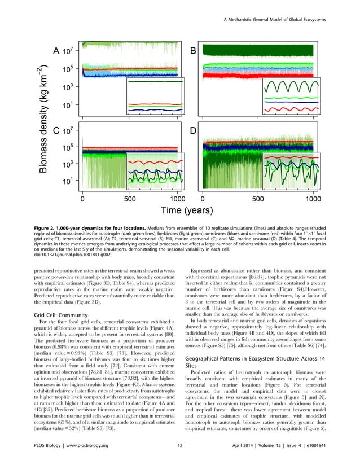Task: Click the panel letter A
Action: [56, 51]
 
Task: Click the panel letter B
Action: [193, 51]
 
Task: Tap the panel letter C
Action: [56, 131]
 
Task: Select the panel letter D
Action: [193, 131]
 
